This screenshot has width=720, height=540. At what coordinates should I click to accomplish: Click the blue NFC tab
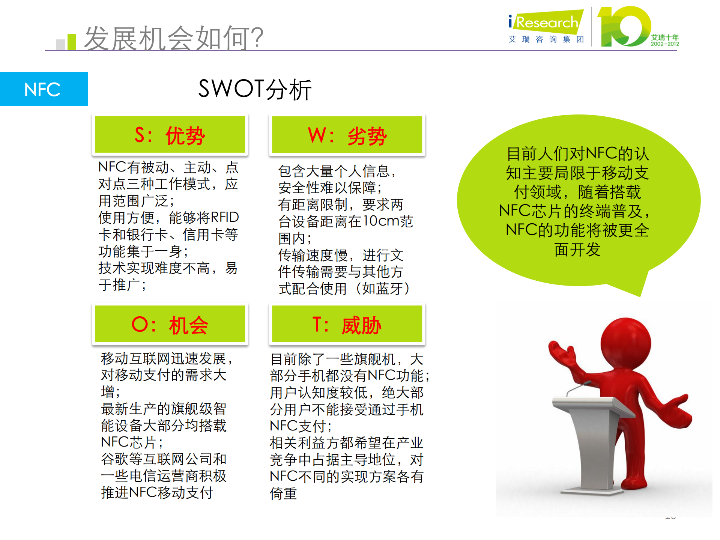[x=44, y=89]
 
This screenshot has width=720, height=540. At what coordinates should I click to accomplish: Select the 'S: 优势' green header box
[x=170, y=135]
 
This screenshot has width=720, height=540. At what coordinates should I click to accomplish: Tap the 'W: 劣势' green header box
[x=347, y=135]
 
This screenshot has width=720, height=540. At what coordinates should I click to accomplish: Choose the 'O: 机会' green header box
[x=170, y=324]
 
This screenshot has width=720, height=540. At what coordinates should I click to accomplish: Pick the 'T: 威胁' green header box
[x=347, y=324]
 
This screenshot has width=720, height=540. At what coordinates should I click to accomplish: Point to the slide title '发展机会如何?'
[x=173, y=38]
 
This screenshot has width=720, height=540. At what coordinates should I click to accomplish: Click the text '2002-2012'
[x=665, y=44]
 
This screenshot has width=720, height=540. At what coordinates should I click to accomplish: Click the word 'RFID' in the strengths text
[x=224, y=217]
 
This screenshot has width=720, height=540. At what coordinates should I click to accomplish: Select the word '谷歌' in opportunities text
[x=115, y=459]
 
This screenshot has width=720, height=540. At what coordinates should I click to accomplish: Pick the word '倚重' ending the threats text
[x=283, y=493]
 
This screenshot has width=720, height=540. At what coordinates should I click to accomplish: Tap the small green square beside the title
[x=72, y=42]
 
